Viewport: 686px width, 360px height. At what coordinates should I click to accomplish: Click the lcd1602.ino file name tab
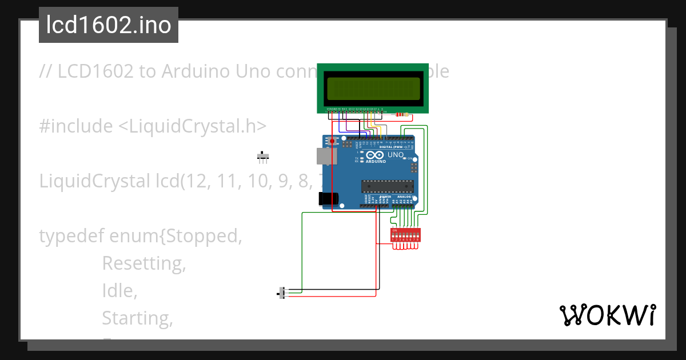point(109,25)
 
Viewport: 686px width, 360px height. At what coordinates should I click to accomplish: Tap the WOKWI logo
point(607,315)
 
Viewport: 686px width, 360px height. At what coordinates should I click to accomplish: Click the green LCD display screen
point(372,88)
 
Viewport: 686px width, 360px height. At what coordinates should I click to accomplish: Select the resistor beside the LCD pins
point(402,114)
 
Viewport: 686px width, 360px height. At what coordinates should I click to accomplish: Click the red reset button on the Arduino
point(332,139)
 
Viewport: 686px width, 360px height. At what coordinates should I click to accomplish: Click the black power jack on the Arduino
point(328,198)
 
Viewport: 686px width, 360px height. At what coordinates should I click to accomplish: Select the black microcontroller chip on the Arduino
point(387,186)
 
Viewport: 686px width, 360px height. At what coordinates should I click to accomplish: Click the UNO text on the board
point(396,155)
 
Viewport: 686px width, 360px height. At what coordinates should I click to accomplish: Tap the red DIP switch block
point(405,235)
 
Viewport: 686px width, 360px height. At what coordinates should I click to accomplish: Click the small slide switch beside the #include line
point(263,157)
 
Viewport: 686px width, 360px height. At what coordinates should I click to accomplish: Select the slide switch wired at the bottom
point(281,293)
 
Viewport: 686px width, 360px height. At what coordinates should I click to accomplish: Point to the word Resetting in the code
point(144,263)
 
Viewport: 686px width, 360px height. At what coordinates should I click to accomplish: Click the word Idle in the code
point(119,291)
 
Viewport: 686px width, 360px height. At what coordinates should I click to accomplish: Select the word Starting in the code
point(137,318)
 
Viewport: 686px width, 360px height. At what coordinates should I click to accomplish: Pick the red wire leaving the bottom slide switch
point(332,297)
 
